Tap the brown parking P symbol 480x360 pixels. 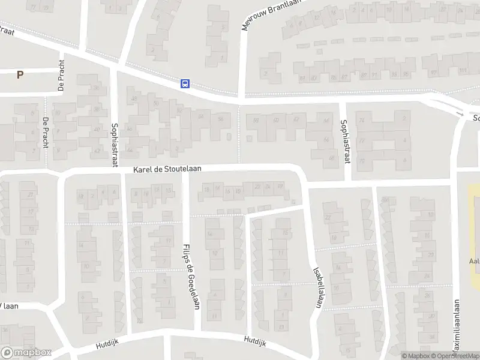pos(20,75)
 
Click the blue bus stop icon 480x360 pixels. pos(185,83)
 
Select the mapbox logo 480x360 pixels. pos(26,353)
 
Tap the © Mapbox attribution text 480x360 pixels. pos(415,356)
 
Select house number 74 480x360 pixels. pos(361,121)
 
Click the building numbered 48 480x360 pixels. pos(134,99)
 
